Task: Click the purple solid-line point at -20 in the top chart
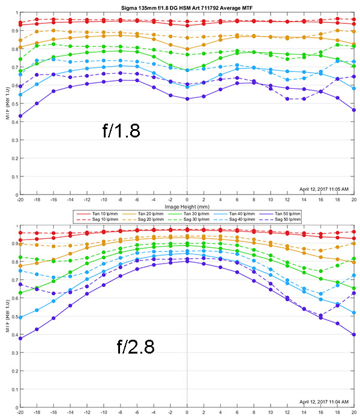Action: tap(20, 116)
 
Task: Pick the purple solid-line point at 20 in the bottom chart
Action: tap(354, 334)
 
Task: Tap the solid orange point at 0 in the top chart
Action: tap(187, 49)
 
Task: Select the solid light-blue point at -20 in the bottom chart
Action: tap(20, 317)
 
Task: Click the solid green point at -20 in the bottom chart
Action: tap(20, 293)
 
